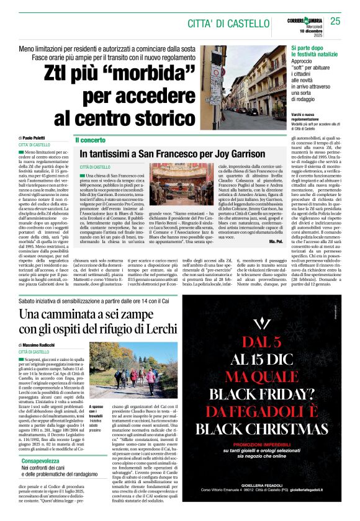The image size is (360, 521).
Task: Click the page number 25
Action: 336,21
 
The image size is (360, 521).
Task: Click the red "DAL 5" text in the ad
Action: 268,341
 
